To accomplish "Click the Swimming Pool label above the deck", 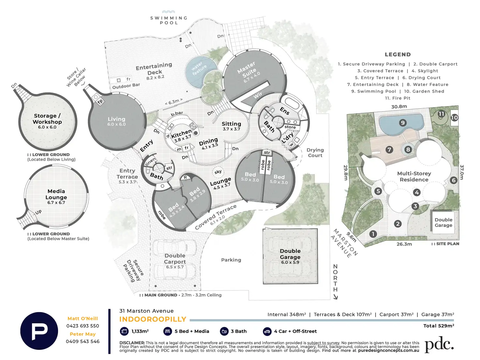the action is (x=169, y=20).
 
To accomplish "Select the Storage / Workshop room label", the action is (x=47, y=119).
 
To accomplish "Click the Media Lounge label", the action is (x=56, y=194).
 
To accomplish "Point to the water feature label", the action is (x=199, y=68).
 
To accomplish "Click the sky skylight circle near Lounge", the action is (x=218, y=172).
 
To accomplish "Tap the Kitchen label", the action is (x=181, y=134).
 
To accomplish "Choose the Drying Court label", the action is (x=315, y=153).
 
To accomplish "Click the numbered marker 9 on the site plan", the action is (x=403, y=123).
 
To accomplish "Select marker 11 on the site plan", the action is (x=441, y=114).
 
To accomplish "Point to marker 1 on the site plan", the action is (x=373, y=234).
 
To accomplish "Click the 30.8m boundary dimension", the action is (x=399, y=107).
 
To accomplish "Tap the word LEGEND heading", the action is (x=398, y=54).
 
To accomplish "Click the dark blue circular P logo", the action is (x=39, y=331).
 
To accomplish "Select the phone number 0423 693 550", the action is (x=82, y=326).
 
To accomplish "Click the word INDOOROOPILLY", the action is (x=153, y=319).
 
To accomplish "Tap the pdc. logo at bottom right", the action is (x=439, y=344).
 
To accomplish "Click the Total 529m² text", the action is (x=439, y=326).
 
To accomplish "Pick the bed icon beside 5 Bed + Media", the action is (x=168, y=331).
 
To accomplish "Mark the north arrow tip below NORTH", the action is (x=336, y=299).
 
